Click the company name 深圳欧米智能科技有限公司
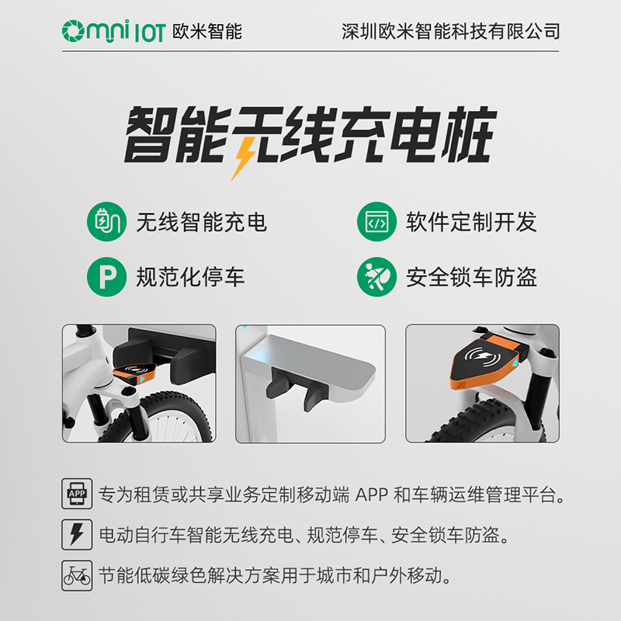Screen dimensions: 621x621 pos(450,31)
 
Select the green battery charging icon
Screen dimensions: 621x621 pos(106,222)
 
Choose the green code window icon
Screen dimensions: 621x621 pos(376,222)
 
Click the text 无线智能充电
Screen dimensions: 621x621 pos(201,223)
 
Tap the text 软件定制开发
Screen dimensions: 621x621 pos(471,223)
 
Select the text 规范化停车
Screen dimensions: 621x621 pos(190,276)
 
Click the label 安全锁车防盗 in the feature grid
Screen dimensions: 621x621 pos(471,276)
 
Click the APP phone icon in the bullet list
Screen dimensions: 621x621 pos(77,494)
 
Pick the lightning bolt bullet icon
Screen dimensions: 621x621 pos(77,535)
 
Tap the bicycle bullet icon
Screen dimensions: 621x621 pos(77,576)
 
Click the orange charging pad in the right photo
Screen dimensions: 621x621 pos(486,364)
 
